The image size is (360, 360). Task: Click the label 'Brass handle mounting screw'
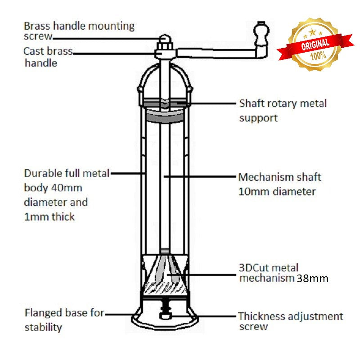point(79,31)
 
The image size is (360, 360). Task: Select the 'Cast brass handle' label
point(47,57)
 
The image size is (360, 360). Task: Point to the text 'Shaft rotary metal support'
point(282,110)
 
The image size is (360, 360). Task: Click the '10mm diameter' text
point(276,192)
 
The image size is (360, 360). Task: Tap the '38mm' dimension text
point(312,279)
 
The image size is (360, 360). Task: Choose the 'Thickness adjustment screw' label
point(290,321)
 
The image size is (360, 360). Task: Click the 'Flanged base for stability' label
point(64,319)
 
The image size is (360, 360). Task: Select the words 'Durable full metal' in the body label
point(67,174)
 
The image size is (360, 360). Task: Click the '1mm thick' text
point(49,217)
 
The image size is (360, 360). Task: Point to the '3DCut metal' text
point(269,268)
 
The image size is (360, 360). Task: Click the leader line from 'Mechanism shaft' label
point(198,177)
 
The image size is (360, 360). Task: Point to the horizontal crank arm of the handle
point(216,53)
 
